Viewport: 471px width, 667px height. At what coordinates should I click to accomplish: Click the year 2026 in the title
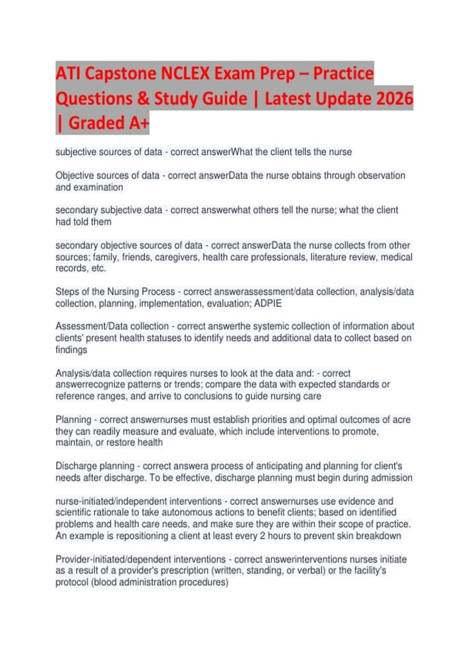click(x=394, y=98)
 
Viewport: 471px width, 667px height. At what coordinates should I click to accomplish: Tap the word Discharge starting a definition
click(x=75, y=466)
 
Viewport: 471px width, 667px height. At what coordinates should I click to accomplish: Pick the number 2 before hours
click(x=262, y=536)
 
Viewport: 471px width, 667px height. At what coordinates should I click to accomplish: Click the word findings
click(x=71, y=350)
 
